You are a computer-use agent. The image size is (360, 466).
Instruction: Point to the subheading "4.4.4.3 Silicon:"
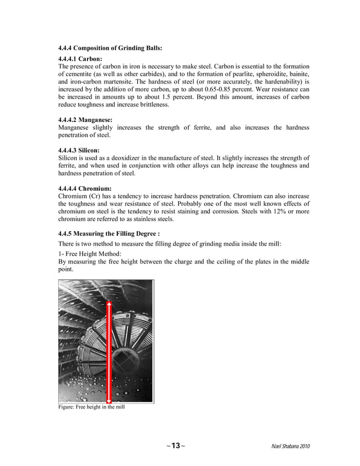80,151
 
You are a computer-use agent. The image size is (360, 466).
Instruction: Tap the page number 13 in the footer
175,446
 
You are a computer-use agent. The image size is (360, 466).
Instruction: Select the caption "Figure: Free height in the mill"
91,407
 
